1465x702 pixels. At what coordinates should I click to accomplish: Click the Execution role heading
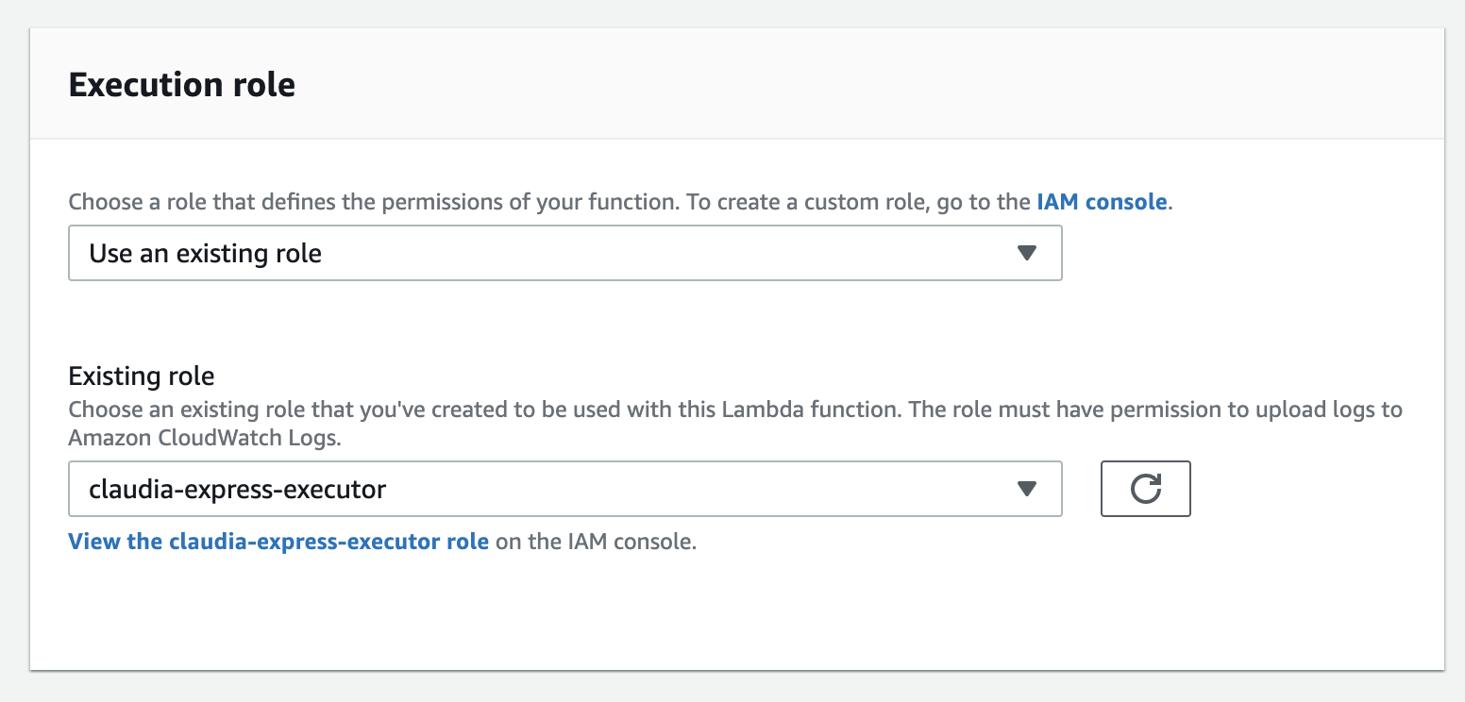click(182, 85)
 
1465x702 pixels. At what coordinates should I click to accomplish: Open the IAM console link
click(1102, 202)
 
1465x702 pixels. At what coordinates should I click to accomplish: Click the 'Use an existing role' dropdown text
click(205, 253)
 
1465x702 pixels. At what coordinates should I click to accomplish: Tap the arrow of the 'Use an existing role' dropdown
click(1027, 253)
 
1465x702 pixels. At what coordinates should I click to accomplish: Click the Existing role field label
click(142, 376)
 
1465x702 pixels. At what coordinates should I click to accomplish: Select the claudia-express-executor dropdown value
click(237, 489)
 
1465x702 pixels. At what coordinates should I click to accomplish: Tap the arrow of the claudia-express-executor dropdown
click(1027, 489)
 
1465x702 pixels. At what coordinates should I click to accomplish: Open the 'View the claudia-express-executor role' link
click(278, 543)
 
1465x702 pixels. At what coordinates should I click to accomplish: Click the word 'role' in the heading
click(267, 85)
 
